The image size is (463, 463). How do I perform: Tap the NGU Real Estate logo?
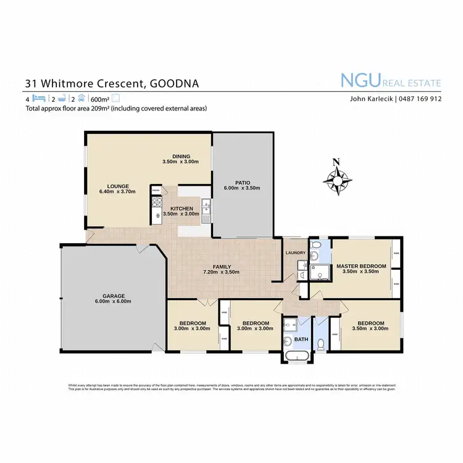(391, 81)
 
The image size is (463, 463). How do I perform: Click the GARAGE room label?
(113, 295)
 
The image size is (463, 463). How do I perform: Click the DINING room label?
(181, 156)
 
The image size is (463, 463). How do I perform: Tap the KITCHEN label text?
(182, 208)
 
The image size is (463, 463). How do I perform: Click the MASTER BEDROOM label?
(361, 266)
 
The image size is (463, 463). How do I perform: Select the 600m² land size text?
(100, 99)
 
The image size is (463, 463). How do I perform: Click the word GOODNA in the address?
(175, 83)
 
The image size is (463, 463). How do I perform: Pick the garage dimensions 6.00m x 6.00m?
(113, 301)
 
